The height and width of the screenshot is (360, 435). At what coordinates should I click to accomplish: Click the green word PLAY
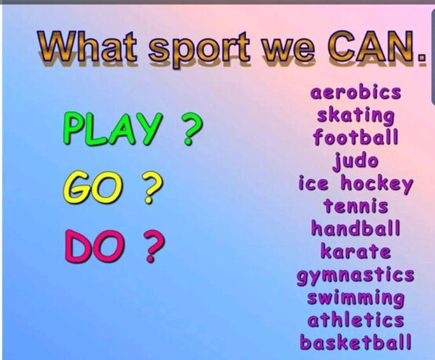[112, 129]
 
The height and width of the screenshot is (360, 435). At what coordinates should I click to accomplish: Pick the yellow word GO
[92, 187]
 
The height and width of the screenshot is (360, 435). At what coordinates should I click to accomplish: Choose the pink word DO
[94, 246]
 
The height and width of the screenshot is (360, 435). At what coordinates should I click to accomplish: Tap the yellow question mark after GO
[152, 187]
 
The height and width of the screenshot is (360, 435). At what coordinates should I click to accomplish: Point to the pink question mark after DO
[154, 246]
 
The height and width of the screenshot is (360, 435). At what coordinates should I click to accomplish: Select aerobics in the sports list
[355, 92]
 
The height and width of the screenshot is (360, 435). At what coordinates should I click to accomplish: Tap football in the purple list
[355, 137]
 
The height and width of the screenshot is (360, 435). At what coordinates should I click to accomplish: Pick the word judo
[355, 161]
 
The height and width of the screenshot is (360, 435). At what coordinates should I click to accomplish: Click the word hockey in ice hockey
[377, 184]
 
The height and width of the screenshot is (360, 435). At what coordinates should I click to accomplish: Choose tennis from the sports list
[355, 206]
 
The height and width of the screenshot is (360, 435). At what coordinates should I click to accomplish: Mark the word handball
[355, 227]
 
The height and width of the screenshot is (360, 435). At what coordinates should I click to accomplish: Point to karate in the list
[355, 251]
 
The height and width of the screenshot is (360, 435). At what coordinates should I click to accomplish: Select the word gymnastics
[355, 275]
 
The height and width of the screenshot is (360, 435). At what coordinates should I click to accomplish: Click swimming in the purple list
[355, 298]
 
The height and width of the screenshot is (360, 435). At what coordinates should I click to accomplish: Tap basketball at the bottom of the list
[355, 342]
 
